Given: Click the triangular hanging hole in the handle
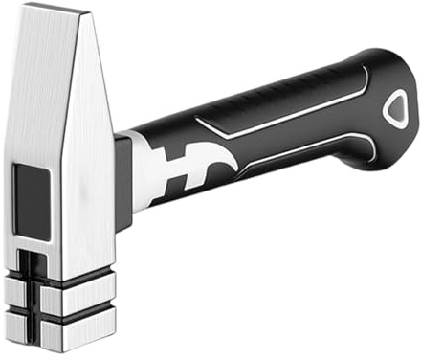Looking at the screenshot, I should tap(394, 108).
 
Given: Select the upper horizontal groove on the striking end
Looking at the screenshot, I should tap(59, 284).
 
